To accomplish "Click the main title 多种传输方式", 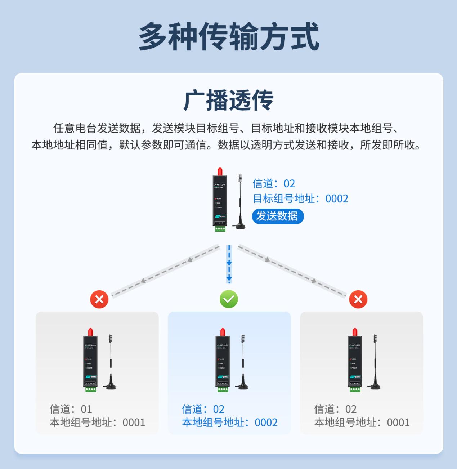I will [x=229, y=36].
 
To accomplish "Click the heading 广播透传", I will [x=228, y=100].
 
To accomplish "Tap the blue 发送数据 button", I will [x=277, y=216].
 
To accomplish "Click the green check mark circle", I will [x=229, y=299].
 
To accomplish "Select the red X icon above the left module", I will [x=99, y=299].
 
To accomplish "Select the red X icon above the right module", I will [x=358, y=299].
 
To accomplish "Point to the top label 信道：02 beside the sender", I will [x=274, y=183].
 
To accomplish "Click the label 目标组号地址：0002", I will [x=300, y=198].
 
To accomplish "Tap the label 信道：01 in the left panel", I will [x=71, y=409].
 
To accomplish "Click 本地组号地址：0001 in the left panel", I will [x=97, y=422].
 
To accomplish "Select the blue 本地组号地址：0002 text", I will [x=229, y=422].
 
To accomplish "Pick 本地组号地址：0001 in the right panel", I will [x=362, y=422].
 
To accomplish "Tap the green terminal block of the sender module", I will [x=220, y=229].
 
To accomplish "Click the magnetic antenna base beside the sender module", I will [x=240, y=225].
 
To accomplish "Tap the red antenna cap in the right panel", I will [x=355, y=332].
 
